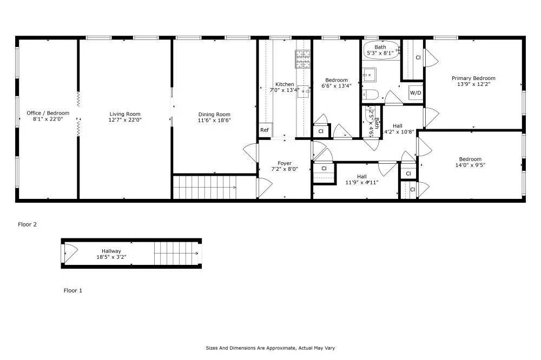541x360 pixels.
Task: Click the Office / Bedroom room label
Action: click(48, 113)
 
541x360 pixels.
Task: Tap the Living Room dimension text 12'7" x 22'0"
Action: click(125, 119)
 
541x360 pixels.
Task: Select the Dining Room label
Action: click(214, 114)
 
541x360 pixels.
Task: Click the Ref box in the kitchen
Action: click(265, 130)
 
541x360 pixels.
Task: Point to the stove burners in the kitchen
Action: click(303, 58)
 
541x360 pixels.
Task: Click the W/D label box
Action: click(415, 93)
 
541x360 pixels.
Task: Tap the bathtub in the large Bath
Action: click(380, 50)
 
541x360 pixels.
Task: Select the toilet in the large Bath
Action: click(371, 95)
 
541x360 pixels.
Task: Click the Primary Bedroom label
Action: click(473, 78)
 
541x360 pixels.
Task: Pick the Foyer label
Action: click(285, 163)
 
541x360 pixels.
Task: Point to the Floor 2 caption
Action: click(28, 224)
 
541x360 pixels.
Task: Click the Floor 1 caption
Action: click(73, 290)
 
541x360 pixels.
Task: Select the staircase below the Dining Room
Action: click(206, 187)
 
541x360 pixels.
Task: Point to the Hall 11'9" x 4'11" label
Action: click(361, 179)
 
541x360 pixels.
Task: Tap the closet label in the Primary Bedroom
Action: click(418, 57)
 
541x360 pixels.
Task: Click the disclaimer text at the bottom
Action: click(270, 348)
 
